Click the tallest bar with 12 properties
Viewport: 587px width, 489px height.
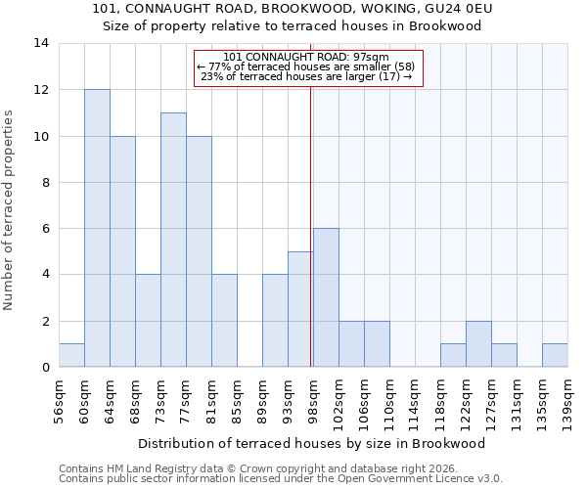point(97,228)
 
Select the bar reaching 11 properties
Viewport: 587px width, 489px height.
point(173,240)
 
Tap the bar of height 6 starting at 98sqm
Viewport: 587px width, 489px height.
point(326,297)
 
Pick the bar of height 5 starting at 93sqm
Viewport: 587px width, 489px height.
point(300,309)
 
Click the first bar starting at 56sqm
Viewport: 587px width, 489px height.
point(71,355)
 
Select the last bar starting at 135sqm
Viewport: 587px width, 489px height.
point(555,355)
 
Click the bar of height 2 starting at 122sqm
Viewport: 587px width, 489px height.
point(478,343)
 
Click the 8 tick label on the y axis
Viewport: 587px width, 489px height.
point(44,182)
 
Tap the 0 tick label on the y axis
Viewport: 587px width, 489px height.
point(44,367)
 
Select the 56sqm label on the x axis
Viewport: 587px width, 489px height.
point(59,398)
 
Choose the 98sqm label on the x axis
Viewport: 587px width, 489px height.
point(313,398)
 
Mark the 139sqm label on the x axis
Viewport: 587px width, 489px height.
point(567,400)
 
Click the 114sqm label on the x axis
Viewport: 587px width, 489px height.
point(415,400)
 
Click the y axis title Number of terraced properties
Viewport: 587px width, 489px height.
point(10,210)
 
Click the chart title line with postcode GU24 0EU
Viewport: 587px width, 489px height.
point(293,9)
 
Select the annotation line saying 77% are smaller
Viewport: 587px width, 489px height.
point(306,67)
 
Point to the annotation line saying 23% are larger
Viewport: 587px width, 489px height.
point(306,76)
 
